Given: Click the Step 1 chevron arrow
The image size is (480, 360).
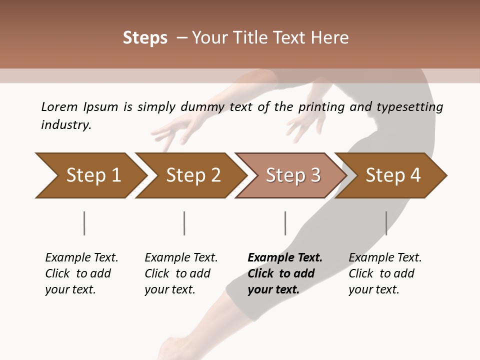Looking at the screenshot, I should tap(93, 175).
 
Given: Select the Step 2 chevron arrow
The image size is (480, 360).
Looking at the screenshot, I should tap(193, 175).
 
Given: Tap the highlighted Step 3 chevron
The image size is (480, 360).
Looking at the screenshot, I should tap(293, 175).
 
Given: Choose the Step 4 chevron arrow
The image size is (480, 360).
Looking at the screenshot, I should tap(393, 175).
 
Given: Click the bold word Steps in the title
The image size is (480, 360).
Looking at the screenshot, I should tap(145, 38).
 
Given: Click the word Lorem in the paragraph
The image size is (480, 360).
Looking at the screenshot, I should tap(59, 106).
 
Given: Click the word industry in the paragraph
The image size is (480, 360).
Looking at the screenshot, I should tap(65, 125).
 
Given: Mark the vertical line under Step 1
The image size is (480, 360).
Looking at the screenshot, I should tap(84, 223).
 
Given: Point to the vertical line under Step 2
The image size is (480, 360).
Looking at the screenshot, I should tap(184, 223).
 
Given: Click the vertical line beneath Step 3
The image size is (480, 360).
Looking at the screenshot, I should tap(285, 223).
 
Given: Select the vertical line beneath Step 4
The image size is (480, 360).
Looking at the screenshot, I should tap(386, 223).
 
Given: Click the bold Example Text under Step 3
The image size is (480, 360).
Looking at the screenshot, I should tap(285, 258).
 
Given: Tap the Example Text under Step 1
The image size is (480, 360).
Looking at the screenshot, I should tap(81, 258).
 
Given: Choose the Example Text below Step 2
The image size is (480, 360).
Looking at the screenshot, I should tap(181, 258).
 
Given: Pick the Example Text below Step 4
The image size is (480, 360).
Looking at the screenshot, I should tap(385, 258).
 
